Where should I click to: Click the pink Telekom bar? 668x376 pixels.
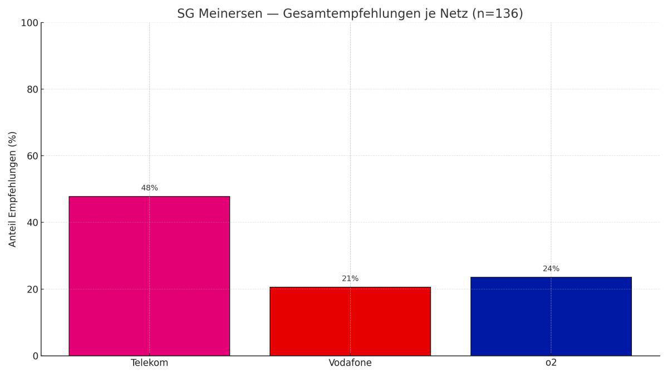click(149, 276)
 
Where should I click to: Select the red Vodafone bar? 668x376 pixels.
click(350, 321)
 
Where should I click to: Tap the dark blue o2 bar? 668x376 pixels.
click(551, 316)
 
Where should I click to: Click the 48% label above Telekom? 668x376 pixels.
click(149, 188)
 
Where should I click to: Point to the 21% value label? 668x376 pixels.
click(350, 279)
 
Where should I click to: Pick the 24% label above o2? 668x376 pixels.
click(551, 269)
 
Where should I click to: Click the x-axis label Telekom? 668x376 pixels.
click(149, 363)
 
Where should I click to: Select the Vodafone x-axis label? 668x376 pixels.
click(350, 363)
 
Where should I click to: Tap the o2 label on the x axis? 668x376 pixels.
click(551, 363)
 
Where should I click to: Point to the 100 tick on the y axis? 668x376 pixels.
click(29, 23)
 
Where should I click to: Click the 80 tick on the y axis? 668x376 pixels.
click(32, 90)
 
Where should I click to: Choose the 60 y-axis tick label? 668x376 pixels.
click(32, 156)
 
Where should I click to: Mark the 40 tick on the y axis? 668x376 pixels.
click(32, 223)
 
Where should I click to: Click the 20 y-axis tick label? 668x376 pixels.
click(32, 289)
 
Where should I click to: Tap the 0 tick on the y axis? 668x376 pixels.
click(35, 356)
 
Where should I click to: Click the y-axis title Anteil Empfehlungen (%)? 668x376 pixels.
click(13, 189)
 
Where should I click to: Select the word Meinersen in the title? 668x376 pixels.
click(230, 14)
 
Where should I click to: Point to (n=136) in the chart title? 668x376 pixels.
click(497, 14)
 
